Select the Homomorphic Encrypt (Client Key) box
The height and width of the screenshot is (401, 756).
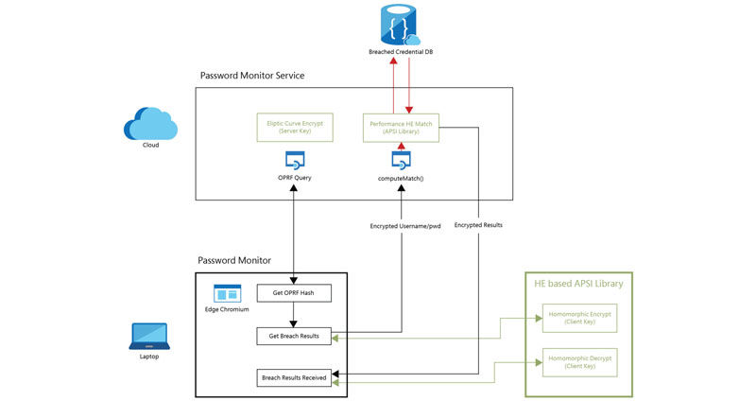tap(579, 319)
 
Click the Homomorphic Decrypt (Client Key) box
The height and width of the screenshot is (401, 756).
tap(579, 360)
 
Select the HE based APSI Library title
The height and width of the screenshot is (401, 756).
tap(578, 283)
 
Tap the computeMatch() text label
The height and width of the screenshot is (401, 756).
tap(401, 177)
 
